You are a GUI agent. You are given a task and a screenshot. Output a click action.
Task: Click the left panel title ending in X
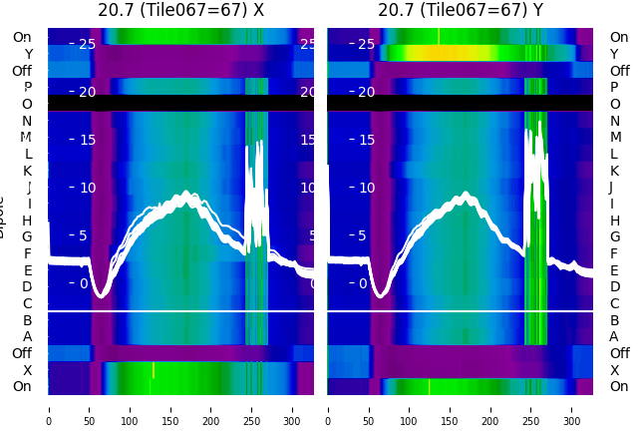(x=180, y=10)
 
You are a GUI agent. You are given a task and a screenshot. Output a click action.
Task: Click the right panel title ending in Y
(x=461, y=10)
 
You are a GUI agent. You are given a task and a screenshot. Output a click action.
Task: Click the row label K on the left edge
(x=28, y=171)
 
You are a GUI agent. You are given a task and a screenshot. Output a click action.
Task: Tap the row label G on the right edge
(x=614, y=236)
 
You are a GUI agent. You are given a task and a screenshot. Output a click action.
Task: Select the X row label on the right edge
(x=614, y=369)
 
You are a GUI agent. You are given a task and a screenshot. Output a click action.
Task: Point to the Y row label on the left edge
(x=28, y=54)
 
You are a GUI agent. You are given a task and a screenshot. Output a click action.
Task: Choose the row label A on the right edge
(x=614, y=336)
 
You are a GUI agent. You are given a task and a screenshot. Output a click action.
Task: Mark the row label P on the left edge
(x=28, y=87)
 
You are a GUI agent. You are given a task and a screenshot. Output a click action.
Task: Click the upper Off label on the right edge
(x=619, y=71)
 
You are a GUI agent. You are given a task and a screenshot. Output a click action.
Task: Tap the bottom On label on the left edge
(x=22, y=386)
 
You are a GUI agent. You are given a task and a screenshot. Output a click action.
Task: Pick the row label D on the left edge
(x=28, y=286)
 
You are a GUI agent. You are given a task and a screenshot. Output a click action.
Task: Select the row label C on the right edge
(x=614, y=303)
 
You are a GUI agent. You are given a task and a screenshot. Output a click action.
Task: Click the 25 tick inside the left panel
(x=87, y=44)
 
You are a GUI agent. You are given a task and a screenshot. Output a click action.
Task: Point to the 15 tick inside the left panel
(x=87, y=140)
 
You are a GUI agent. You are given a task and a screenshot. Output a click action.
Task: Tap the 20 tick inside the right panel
(x=366, y=92)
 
